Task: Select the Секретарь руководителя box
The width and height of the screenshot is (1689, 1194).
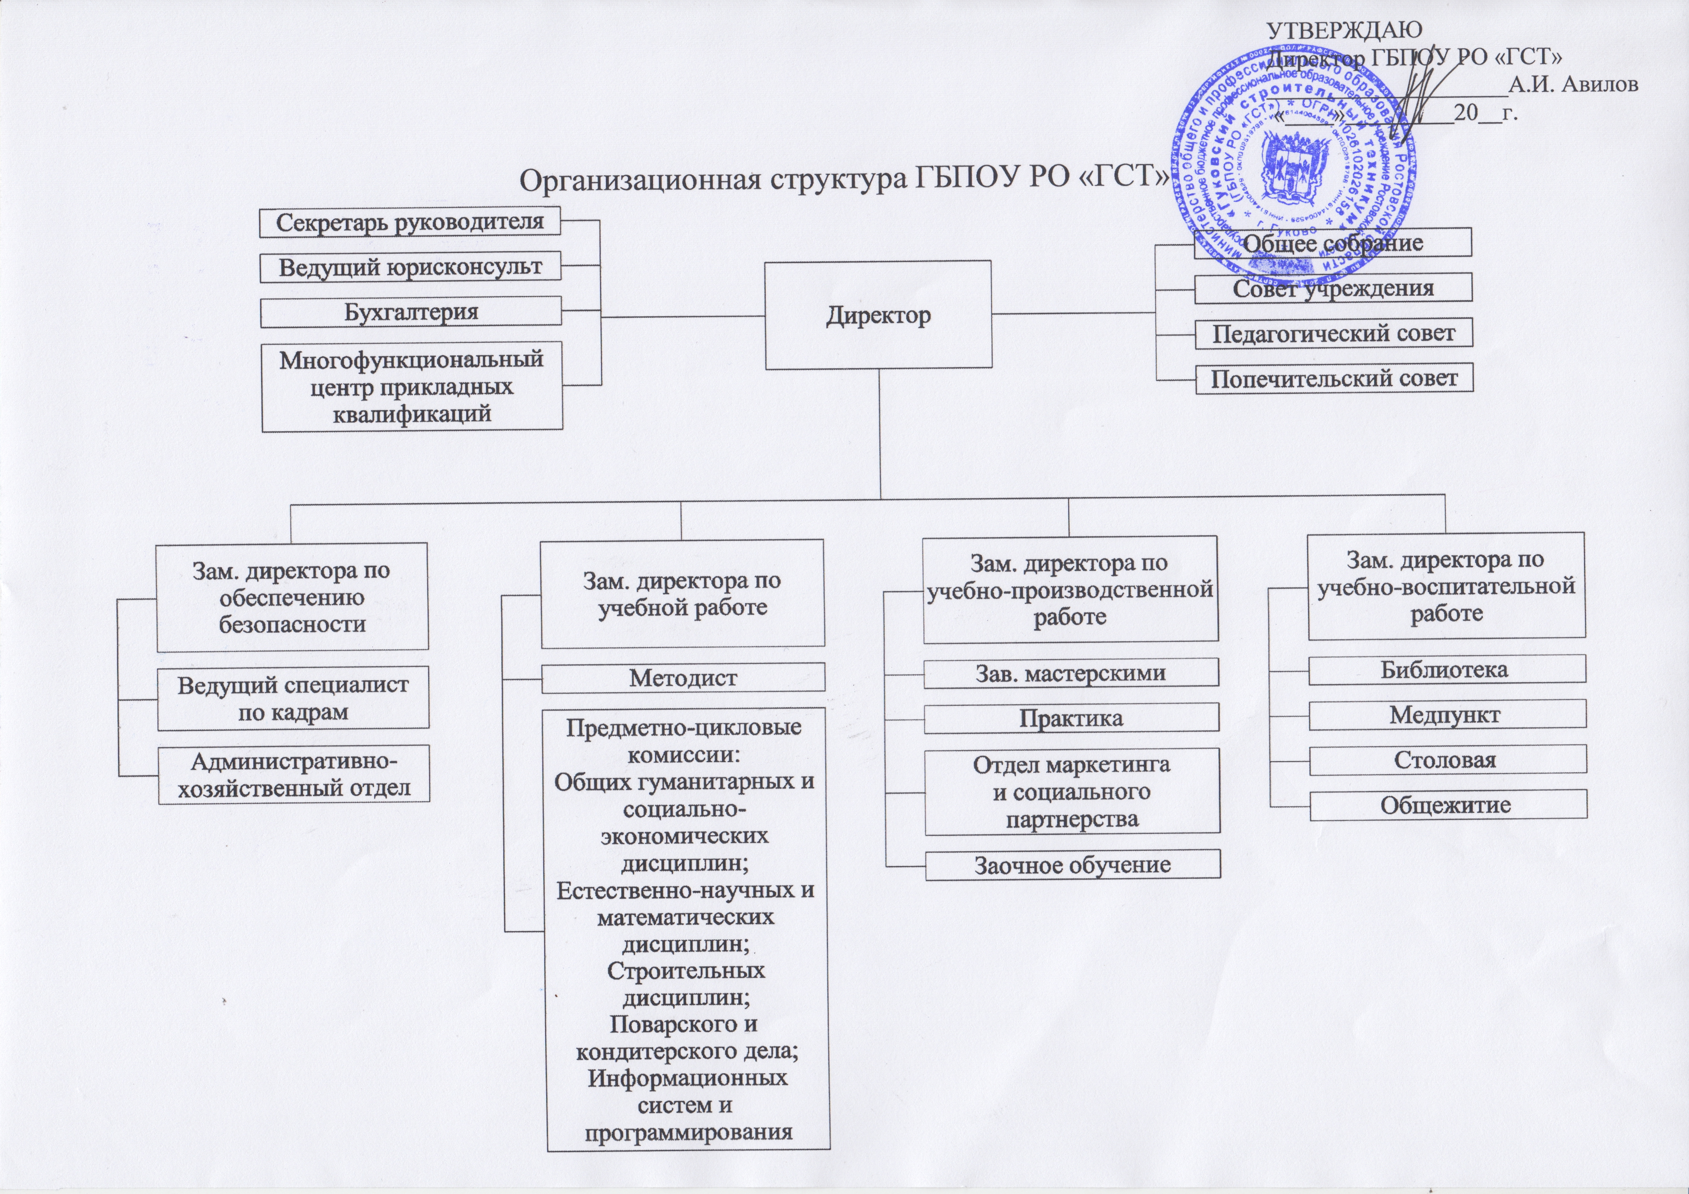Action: (x=410, y=222)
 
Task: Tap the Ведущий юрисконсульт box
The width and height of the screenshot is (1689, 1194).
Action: (x=410, y=267)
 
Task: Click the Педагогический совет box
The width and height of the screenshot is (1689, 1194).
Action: (x=1333, y=333)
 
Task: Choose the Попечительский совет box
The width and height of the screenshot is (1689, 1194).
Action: (x=1334, y=378)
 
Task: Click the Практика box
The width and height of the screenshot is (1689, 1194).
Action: (x=1071, y=717)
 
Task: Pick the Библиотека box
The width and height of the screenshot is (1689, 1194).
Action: (x=1446, y=669)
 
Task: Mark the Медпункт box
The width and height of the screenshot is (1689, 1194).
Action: (x=1447, y=714)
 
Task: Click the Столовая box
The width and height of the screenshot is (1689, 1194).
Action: (x=1447, y=759)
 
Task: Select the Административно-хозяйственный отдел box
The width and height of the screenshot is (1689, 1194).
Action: (x=293, y=774)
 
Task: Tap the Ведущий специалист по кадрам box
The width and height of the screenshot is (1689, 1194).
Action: (x=293, y=699)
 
